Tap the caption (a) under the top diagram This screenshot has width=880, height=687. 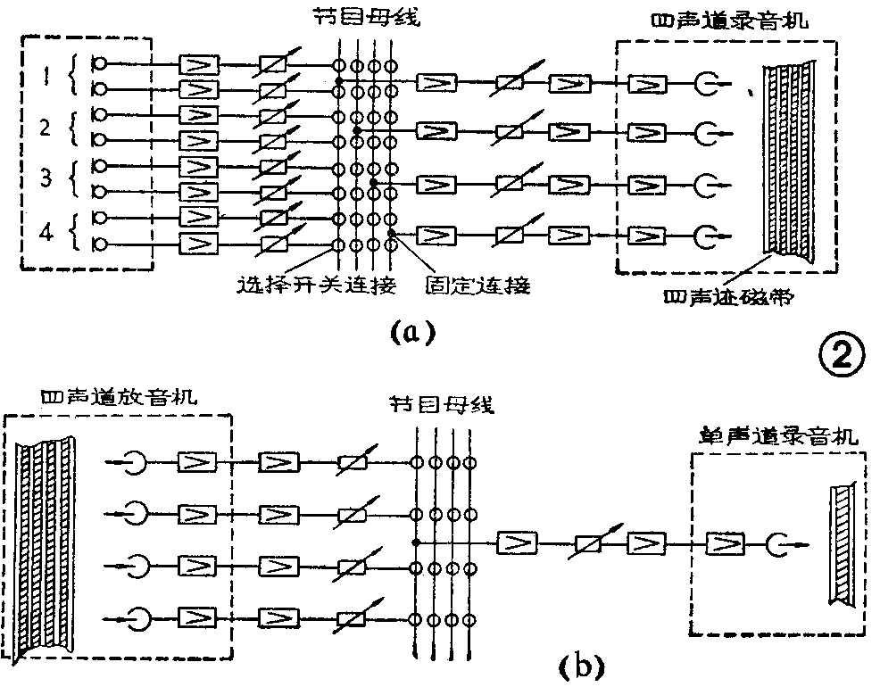click(411, 332)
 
